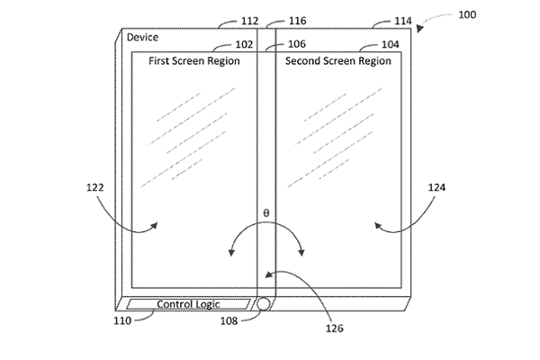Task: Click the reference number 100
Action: [x=467, y=14]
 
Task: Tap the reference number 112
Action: [x=249, y=21]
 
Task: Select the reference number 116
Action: [x=298, y=21]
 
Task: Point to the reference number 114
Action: [x=403, y=21]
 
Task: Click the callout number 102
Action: [x=244, y=44]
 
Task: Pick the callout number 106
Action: [x=297, y=44]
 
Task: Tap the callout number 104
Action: [x=391, y=44]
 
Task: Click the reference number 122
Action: [x=95, y=187]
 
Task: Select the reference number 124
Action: [x=436, y=187]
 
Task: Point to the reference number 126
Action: [x=335, y=328]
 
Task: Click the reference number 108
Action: [x=229, y=321]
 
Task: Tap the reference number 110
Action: [x=122, y=320]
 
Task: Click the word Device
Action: [x=142, y=37]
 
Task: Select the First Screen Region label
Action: [x=194, y=61]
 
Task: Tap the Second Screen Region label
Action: [x=338, y=61]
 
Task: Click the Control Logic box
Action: [x=188, y=304]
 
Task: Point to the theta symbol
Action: [x=266, y=213]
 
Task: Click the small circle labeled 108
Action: [x=264, y=304]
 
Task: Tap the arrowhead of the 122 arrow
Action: [x=155, y=226]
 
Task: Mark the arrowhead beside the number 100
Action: [x=419, y=29]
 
